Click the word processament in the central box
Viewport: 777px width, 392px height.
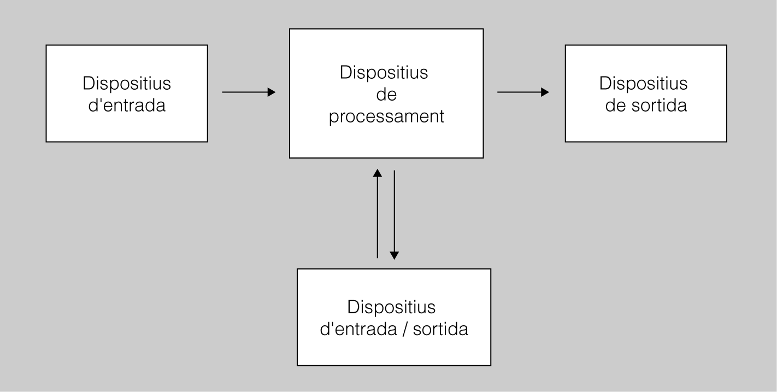tap(386, 116)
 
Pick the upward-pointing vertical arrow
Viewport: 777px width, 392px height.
tap(377, 213)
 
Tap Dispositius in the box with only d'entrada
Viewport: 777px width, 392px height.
tap(127, 84)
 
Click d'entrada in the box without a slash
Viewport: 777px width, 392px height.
tap(127, 105)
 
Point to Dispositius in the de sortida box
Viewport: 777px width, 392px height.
tap(643, 84)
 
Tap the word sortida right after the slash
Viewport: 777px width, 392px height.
tap(440, 330)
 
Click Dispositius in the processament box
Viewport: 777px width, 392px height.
tap(384, 73)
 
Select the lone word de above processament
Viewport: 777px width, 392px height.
tap(386, 95)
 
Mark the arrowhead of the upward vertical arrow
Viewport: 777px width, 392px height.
tap(377, 173)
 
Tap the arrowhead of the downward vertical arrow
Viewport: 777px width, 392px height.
tap(394, 255)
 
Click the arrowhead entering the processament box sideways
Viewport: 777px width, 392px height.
tap(272, 92)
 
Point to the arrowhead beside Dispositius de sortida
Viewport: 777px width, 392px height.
tap(545, 92)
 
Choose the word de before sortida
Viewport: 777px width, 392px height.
tap(615, 105)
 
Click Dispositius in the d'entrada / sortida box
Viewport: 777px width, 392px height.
tap(391, 307)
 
